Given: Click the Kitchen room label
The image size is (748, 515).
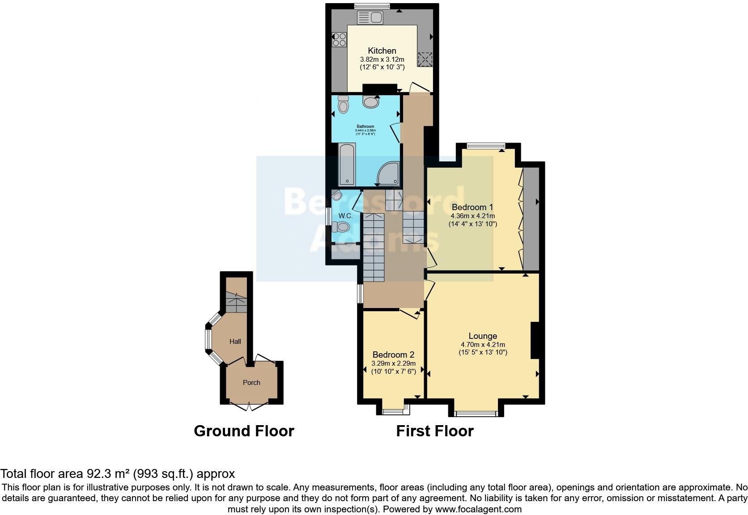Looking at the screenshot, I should pyautogui.click(x=382, y=51).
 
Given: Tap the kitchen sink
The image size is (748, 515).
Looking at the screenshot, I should pyautogui.click(x=369, y=18).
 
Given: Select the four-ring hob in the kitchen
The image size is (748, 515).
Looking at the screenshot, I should pyautogui.click(x=340, y=40).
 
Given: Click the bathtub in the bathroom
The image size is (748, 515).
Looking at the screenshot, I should pyautogui.click(x=347, y=165).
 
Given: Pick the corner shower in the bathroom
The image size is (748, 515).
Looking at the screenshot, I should pyautogui.click(x=388, y=174).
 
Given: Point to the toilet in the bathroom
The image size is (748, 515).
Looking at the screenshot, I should pyautogui.click(x=343, y=105).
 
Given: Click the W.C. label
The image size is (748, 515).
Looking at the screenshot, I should pyautogui.click(x=345, y=216).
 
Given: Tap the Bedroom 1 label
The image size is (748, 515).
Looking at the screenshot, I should pyautogui.click(x=472, y=207).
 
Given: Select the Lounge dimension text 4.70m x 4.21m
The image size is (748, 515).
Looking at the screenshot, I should pyautogui.click(x=483, y=345).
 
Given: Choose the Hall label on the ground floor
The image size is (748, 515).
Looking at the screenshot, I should pyautogui.click(x=235, y=342).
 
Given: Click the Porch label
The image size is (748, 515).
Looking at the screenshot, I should pyautogui.click(x=251, y=383).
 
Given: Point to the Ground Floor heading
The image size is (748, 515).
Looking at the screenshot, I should pyautogui.click(x=244, y=431).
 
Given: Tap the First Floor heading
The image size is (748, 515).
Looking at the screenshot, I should pyautogui.click(x=434, y=431).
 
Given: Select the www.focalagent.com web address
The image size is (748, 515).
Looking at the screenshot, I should pyautogui.click(x=478, y=509).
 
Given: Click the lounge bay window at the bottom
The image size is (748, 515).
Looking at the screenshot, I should pyautogui.click(x=476, y=414).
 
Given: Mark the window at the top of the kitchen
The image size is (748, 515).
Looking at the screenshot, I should pyautogui.click(x=372, y=6).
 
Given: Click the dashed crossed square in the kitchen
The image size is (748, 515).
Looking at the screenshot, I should pyautogui.click(x=425, y=59).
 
